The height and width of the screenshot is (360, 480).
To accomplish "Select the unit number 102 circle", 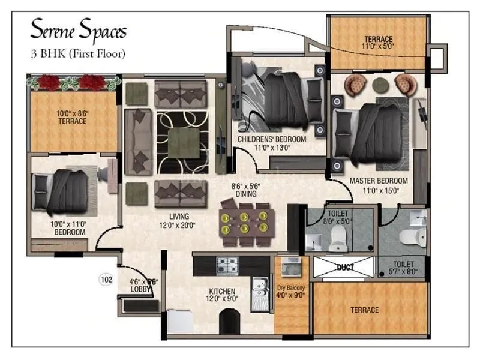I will (106, 278).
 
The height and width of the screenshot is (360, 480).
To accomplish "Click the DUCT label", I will (345, 267).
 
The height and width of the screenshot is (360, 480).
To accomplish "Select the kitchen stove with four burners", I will (227, 265).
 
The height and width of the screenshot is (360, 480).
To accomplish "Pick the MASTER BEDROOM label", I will (379, 185).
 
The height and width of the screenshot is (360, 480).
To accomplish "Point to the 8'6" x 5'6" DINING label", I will (246, 190).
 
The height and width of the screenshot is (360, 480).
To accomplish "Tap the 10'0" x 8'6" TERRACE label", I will (72, 117).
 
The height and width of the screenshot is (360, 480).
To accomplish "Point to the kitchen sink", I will (259, 286).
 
